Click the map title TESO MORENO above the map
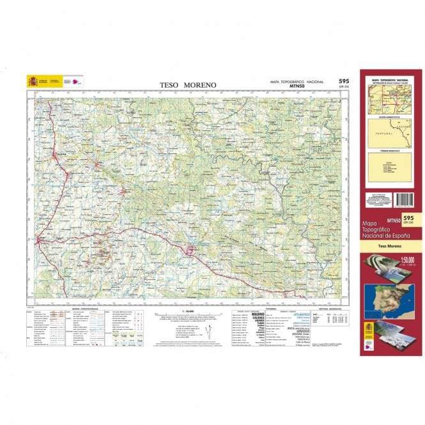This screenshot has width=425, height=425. tap(188, 84)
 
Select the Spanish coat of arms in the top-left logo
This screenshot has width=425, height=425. tap(32, 81)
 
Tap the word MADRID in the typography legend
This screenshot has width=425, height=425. tap(258, 314)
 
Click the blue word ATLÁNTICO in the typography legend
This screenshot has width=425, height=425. tap(301, 314)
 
